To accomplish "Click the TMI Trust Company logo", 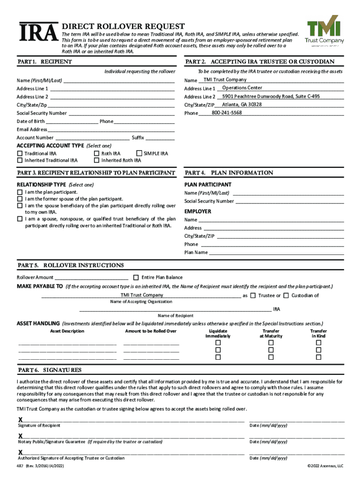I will coord(324,33).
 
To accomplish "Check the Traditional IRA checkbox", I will coord(20,153).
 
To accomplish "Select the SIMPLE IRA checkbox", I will coord(138,153).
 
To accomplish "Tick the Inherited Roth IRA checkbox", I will coord(97,160).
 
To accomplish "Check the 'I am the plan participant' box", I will coord(20,192).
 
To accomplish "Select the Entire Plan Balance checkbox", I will coord(136,277).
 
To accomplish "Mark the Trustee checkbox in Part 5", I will coord(252,295).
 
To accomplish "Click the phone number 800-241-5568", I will coord(227,113).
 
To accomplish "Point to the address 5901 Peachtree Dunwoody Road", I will coord(271,96).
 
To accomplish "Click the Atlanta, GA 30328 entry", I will coord(242,104).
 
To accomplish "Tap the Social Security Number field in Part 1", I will coord(121,113).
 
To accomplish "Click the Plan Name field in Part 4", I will coord(276,253).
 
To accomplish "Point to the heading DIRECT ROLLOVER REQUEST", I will coord(123,27).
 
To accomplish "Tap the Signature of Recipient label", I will coord(39,425).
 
